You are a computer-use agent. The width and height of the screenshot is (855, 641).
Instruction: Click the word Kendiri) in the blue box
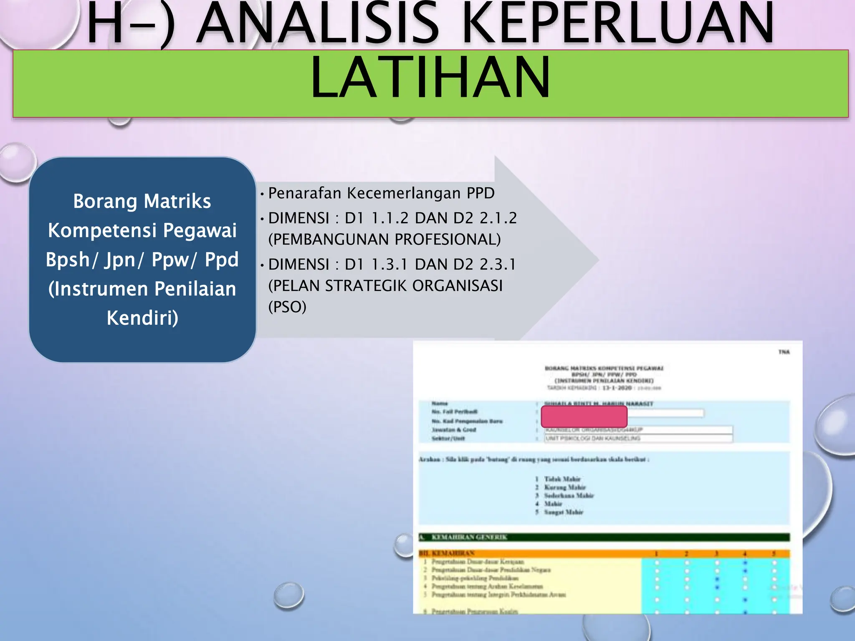(x=142, y=318)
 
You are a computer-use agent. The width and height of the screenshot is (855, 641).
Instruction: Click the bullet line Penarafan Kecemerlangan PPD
(x=381, y=193)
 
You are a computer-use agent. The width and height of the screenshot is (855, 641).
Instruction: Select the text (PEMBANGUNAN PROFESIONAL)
(x=384, y=239)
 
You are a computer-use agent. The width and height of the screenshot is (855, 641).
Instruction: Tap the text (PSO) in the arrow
(x=287, y=307)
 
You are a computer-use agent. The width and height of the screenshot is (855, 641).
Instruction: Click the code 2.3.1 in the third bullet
(x=498, y=265)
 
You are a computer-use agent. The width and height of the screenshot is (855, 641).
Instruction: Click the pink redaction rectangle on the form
(x=584, y=416)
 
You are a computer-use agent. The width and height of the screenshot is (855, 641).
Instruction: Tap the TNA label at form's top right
(x=784, y=352)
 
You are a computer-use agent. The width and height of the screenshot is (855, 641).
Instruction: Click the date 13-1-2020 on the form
(x=617, y=388)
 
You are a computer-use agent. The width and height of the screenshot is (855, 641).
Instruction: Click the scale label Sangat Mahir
(x=563, y=512)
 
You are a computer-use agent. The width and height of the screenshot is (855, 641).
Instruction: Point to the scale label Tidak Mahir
(x=562, y=479)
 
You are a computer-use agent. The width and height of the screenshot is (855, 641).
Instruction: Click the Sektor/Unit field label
(x=448, y=439)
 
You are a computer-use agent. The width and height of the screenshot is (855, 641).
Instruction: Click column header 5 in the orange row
(x=774, y=554)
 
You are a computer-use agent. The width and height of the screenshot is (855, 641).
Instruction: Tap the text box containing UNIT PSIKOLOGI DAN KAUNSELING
(x=638, y=439)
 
